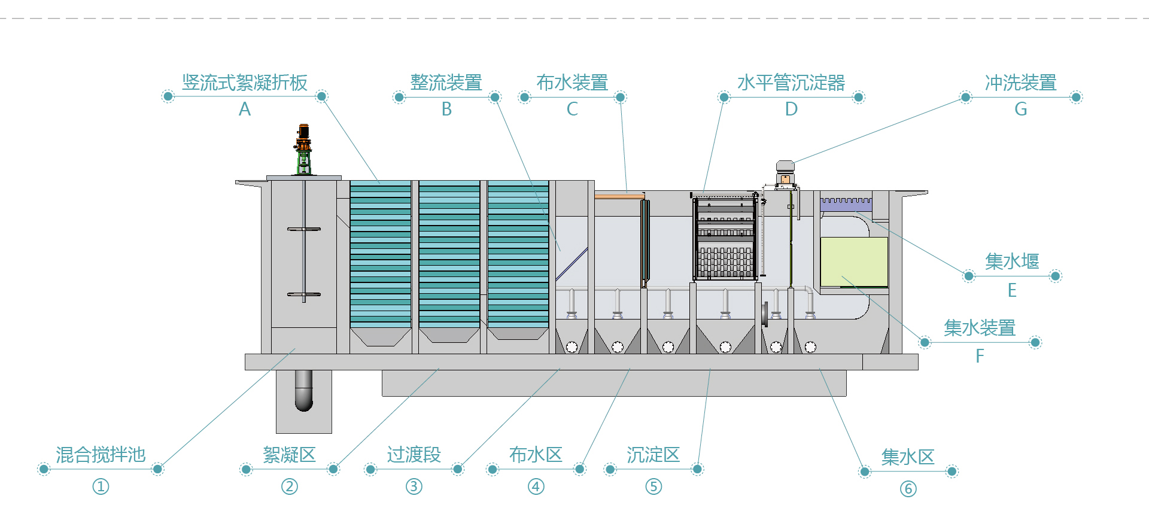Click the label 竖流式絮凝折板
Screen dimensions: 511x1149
coord(245,83)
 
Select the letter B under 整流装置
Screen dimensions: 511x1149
coord(446,109)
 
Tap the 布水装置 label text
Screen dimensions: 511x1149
coord(572,83)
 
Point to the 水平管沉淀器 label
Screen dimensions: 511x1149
coord(791,83)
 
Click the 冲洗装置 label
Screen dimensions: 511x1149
coord(1021,83)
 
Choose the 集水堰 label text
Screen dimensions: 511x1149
coord(1012,261)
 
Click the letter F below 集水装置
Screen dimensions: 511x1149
coord(980,356)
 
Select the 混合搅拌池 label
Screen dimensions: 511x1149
coord(101,455)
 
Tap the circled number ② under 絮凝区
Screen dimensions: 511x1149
coord(290,486)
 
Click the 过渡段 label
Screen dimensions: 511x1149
coord(414,455)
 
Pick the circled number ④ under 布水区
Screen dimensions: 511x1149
coord(536,486)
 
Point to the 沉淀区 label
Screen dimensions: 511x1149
coord(653,455)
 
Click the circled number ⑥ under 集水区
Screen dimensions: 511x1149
coord(908,489)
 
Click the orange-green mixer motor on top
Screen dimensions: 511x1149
coord(303,147)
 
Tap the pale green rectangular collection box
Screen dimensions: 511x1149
coord(854,262)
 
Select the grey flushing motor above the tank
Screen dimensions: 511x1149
coord(785,171)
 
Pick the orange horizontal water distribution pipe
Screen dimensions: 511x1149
coord(619,196)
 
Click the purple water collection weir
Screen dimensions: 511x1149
coord(846,204)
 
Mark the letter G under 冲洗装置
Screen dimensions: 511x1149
coord(1021,109)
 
